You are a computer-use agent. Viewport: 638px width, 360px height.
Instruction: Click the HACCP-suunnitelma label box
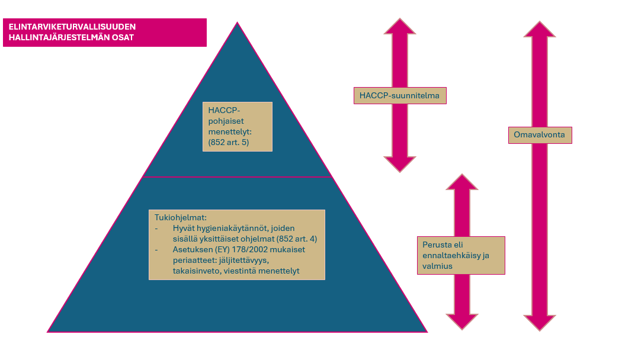click(x=400, y=95)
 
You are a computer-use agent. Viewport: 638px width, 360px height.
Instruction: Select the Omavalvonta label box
click(x=540, y=135)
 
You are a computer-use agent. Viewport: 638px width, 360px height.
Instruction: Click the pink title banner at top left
click(x=105, y=32)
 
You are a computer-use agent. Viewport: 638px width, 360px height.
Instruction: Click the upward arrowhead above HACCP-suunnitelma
click(x=400, y=27)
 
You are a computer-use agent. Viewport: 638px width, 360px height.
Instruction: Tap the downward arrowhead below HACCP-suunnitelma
click(x=400, y=164)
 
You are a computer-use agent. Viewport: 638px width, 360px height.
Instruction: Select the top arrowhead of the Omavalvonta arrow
click(x=540, y=30)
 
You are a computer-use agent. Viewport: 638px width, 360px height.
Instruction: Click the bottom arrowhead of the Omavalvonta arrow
click(x=540, y=323)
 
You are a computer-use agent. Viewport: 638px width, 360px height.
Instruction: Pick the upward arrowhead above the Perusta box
click(x=461, y=182)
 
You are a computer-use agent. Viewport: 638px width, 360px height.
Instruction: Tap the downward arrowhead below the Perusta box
click(x=461, y=321)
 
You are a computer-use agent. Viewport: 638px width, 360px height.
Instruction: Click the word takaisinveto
click(x=190, y=271)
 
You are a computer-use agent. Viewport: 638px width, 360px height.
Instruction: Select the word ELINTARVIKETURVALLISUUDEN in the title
click(x=72, y=27)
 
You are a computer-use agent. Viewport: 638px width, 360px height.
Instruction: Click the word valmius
click(x=437, y=266)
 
